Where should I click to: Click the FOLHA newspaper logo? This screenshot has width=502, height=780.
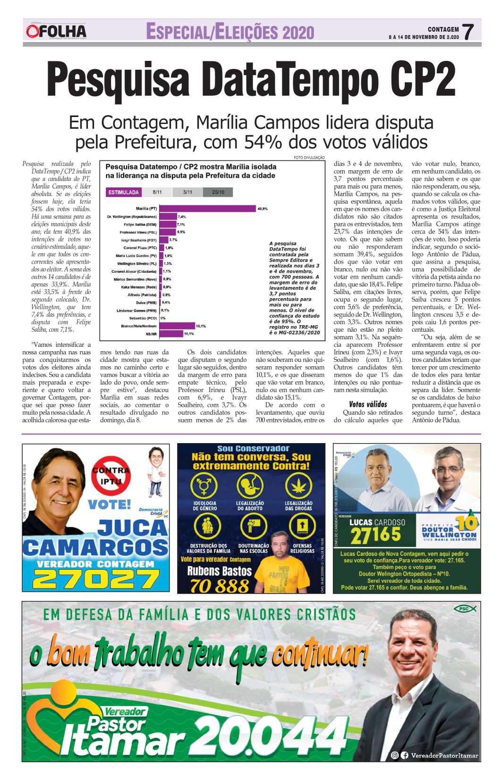[56, 32]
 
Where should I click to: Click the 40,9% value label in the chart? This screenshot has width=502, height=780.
[262, 209]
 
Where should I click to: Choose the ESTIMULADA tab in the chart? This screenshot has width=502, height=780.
[124, 192]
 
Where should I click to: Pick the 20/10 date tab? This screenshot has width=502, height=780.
[218, 192]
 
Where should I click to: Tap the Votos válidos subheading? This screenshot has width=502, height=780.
[368, 404]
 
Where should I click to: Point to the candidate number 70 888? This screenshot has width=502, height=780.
[219, 586]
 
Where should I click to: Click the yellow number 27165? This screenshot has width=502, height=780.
[375, 535]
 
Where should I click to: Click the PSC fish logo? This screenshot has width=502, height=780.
[465, 609]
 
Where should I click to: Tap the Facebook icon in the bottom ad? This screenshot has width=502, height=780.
[405, 755]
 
